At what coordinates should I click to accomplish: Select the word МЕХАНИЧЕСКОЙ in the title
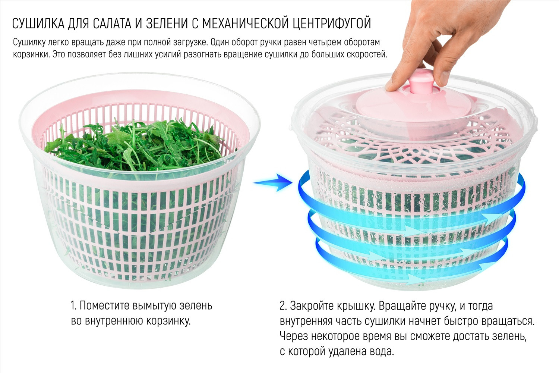click(x=245, y=23)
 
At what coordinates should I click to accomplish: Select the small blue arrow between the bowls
click(x=272, y=183)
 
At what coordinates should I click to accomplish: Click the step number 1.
click(x=73, y=306)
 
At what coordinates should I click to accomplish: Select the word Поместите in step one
click(x=105, y=306)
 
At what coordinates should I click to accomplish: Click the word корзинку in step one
click(x=168, y=321)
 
